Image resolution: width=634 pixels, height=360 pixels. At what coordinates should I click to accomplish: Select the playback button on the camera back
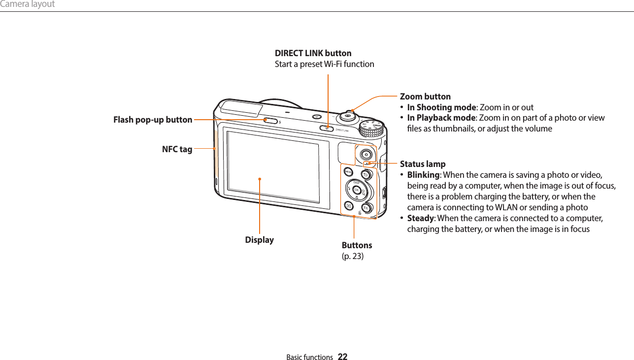click(x=348, y=206)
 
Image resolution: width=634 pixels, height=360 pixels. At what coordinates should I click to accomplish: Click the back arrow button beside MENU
click(x=366, y=175)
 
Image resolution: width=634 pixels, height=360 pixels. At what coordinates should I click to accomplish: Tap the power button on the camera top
click(x=317, y=117)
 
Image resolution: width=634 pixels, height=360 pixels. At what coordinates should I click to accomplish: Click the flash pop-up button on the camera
click(x=270, y=120)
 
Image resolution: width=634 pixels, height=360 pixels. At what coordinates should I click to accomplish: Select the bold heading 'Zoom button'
click(x=425, y=97)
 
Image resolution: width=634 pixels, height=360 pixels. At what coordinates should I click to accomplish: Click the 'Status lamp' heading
click(x=423, y=164)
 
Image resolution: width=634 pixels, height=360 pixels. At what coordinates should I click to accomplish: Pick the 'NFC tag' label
click(x=177, y=149)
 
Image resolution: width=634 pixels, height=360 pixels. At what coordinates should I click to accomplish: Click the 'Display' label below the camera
click(x=260, y=240)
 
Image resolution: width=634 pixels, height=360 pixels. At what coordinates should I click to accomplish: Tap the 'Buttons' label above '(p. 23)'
click(x=357, y=245)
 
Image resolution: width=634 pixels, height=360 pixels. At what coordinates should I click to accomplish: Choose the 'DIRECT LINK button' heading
click(x=313, y=53)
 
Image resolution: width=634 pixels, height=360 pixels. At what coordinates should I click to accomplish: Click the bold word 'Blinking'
click(x=423, y=175)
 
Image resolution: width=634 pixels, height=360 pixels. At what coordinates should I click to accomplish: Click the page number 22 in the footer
click(x=342, y=357)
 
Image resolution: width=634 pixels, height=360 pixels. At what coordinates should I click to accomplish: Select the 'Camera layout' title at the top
click(x=28, y=4)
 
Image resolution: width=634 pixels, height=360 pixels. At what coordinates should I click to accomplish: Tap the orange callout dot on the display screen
click(x=260, y=179)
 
